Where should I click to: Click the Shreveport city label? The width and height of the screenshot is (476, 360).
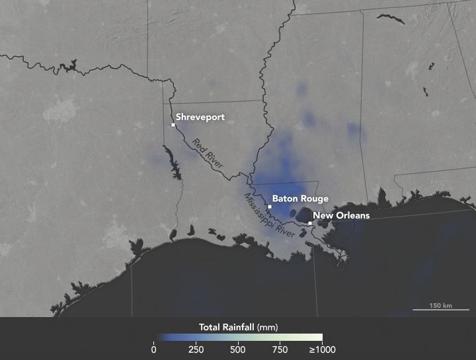click(x=200, y=118)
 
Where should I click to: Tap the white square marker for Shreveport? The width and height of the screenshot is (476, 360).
click(x=173, y=125)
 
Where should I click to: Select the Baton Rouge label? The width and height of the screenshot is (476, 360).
click(x=300, y=198)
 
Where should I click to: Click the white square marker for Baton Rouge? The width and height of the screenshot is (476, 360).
click(x=270, y=207)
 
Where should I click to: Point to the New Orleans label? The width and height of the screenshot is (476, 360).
click(x=341, y=215)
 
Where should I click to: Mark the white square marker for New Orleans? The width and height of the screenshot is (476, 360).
click(x=310, y=223)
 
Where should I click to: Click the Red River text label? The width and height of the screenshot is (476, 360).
click(x=208, y=153)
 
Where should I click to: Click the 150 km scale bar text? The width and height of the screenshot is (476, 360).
click(x=440, y=305)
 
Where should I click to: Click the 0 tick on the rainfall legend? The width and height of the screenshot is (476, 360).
click(x=154, y=350)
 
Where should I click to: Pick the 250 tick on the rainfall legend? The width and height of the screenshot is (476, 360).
click(x=196, y=350)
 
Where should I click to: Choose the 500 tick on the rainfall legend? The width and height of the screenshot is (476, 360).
click(x=238, y=350)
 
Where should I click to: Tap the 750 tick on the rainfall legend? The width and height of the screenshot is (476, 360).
click(x=280, y=350)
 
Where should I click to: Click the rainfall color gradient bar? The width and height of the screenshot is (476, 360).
click(x=238, y=338)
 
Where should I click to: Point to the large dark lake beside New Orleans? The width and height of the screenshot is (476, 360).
click(x=303, y=215)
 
